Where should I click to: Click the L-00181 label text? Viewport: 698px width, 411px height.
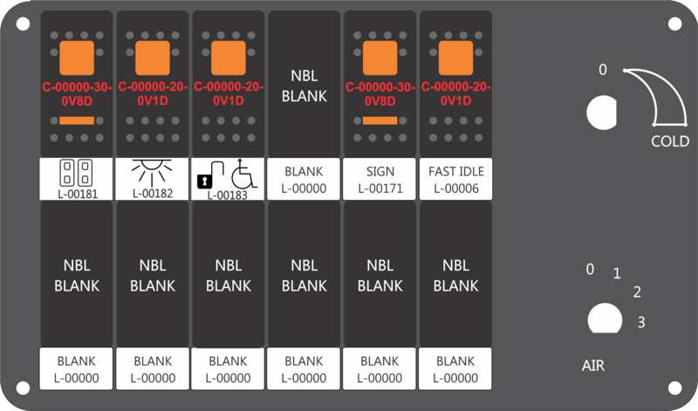coord(78,194)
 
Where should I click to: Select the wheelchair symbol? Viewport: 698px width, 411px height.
coord(243,174)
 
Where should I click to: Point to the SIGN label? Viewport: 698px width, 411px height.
coord(380,171)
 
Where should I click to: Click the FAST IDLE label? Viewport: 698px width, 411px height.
coord(455,171)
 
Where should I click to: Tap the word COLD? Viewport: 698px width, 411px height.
coord(670,141)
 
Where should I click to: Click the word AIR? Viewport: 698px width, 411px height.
coord(593,366)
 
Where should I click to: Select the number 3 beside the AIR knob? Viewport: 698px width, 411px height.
coord(641,322)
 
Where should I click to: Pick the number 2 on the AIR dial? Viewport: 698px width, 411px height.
coord(637,292)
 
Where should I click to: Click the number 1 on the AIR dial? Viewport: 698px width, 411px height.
coord(617,273)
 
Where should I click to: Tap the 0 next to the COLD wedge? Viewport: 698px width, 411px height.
coord(602,70)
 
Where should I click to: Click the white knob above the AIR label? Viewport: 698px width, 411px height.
coord(605,319)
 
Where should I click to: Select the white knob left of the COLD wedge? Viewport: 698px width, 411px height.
coord(602,113)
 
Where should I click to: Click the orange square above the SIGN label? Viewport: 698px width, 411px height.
coord(380,58)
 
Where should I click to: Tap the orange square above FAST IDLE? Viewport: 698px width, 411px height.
coord(455,58)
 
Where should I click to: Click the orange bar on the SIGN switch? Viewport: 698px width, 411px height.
coord(380,120)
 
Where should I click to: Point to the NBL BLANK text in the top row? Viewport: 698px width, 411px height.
coord(305,86)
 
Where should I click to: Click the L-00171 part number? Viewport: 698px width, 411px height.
coord(380,188)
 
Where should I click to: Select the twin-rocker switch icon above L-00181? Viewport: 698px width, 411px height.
coord(76,172)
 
